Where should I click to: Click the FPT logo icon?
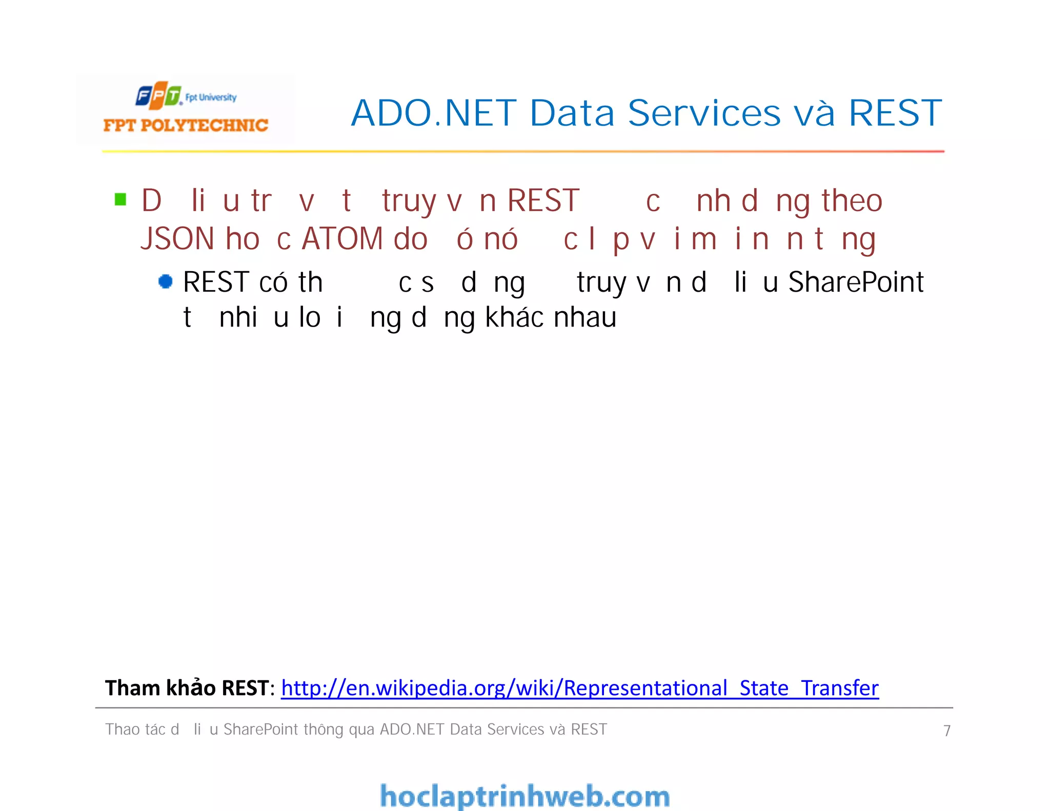(158, 95)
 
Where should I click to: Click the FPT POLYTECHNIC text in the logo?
(186, 125)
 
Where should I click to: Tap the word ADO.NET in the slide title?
(434, 113)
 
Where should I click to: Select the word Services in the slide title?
(704, 113)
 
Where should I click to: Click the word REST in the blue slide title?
(895, 113)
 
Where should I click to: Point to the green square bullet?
(120, 199)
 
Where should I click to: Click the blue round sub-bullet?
(165, 281)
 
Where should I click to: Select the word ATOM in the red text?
(342, 239)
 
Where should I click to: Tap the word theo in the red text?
(852, 200)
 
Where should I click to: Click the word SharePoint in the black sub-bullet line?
(855, 282)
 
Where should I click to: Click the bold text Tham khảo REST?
(187, 688)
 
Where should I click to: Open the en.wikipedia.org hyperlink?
(579, 688)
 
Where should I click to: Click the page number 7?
(946, 731)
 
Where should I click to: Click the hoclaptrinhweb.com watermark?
(524, 796)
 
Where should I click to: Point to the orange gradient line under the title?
(523, 151)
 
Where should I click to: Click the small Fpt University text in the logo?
(211, 97)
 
